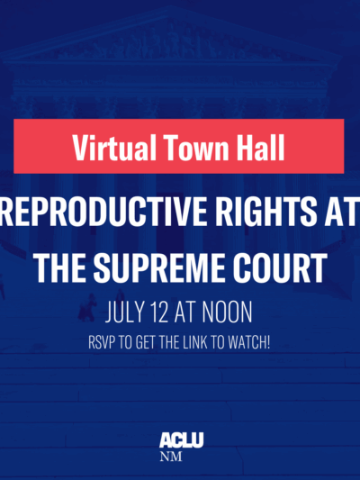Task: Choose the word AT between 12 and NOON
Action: coord(193,315)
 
